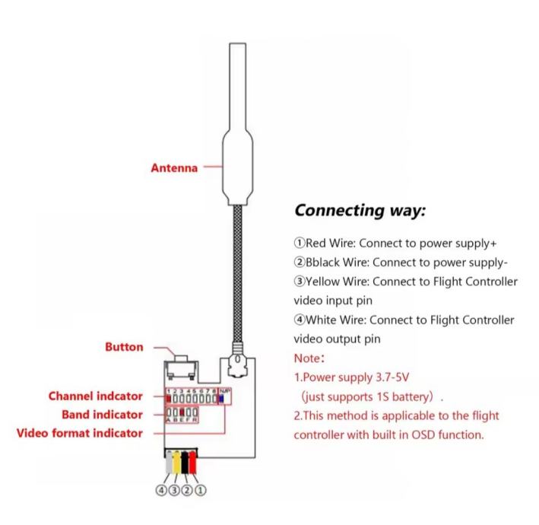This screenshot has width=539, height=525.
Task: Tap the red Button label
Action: pos(124,347)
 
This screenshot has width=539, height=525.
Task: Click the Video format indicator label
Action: pos(80,434)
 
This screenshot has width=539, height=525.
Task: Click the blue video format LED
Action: pos(220,397)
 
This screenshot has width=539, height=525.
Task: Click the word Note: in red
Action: pos(310,355)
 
